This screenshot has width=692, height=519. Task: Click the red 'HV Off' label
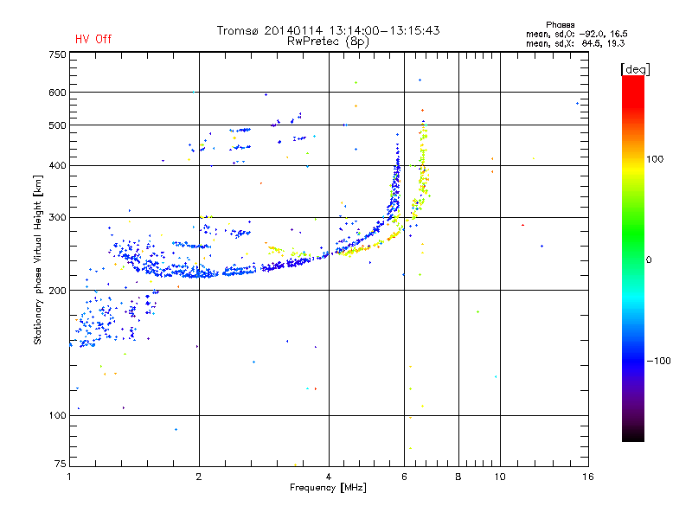pyautogui.click(x=93, y=39)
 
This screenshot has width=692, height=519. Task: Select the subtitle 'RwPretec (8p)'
pyautogui.click(x=328, y=42)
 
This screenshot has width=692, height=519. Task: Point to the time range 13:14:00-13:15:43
pyautogui.click(x=384, y=30)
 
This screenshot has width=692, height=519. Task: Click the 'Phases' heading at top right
pyautogui.click(x=560, y=25)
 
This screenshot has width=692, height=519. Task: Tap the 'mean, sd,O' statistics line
pyautogui.click(x=576, y=34)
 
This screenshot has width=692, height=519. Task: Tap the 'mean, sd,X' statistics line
pyautogui.click(x=575, y=43)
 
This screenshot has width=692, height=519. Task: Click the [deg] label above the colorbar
pyautogui.click(x=635, y=69)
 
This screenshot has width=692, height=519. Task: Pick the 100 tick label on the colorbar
pyautogui.click(x=655, y=159)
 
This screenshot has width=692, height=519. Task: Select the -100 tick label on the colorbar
pyautogui.click(x=658, y=361)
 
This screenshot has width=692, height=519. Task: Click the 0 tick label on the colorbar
pyautogui.click(x=649, y=260)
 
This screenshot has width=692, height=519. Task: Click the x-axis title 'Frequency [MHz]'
pyautogui.click(x=328, y=488)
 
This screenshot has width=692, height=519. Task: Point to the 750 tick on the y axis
pyautogui.click(x=57, y=54)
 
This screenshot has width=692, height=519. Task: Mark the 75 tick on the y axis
pyautogui.click(x=61, y=464)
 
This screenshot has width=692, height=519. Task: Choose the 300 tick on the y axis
pyautogui.click(x=57, y=218)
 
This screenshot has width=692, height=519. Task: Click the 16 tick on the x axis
pyautogui.click(x=588, y=477)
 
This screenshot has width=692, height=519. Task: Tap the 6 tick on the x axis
pyautogui.click(x=404, y=477)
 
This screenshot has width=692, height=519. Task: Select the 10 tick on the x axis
pyautogui.click(x=500, y=477)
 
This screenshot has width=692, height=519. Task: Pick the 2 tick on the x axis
pyautogui.click(x=199, y=477)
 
